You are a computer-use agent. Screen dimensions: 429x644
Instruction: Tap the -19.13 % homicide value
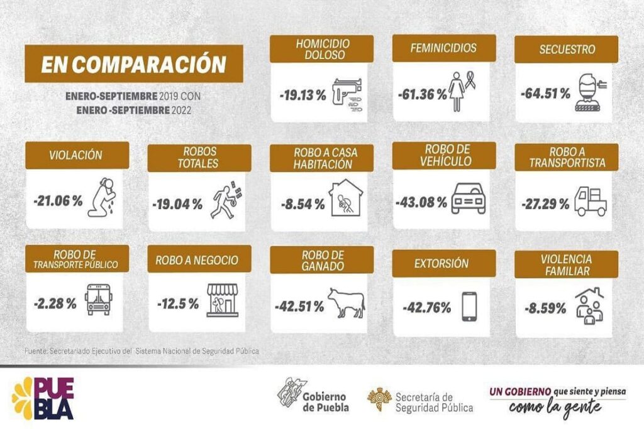coord(303,95)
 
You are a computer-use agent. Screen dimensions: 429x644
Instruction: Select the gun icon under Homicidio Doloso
coord(347,95)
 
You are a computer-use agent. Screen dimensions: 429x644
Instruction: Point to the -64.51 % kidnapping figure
coord(545,94)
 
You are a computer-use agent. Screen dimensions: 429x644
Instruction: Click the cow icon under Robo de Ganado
coord(346,303)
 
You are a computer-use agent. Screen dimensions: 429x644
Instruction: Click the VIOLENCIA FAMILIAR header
coord(566,264)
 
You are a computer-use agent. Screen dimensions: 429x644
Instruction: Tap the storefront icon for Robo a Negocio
coord(223,299)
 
